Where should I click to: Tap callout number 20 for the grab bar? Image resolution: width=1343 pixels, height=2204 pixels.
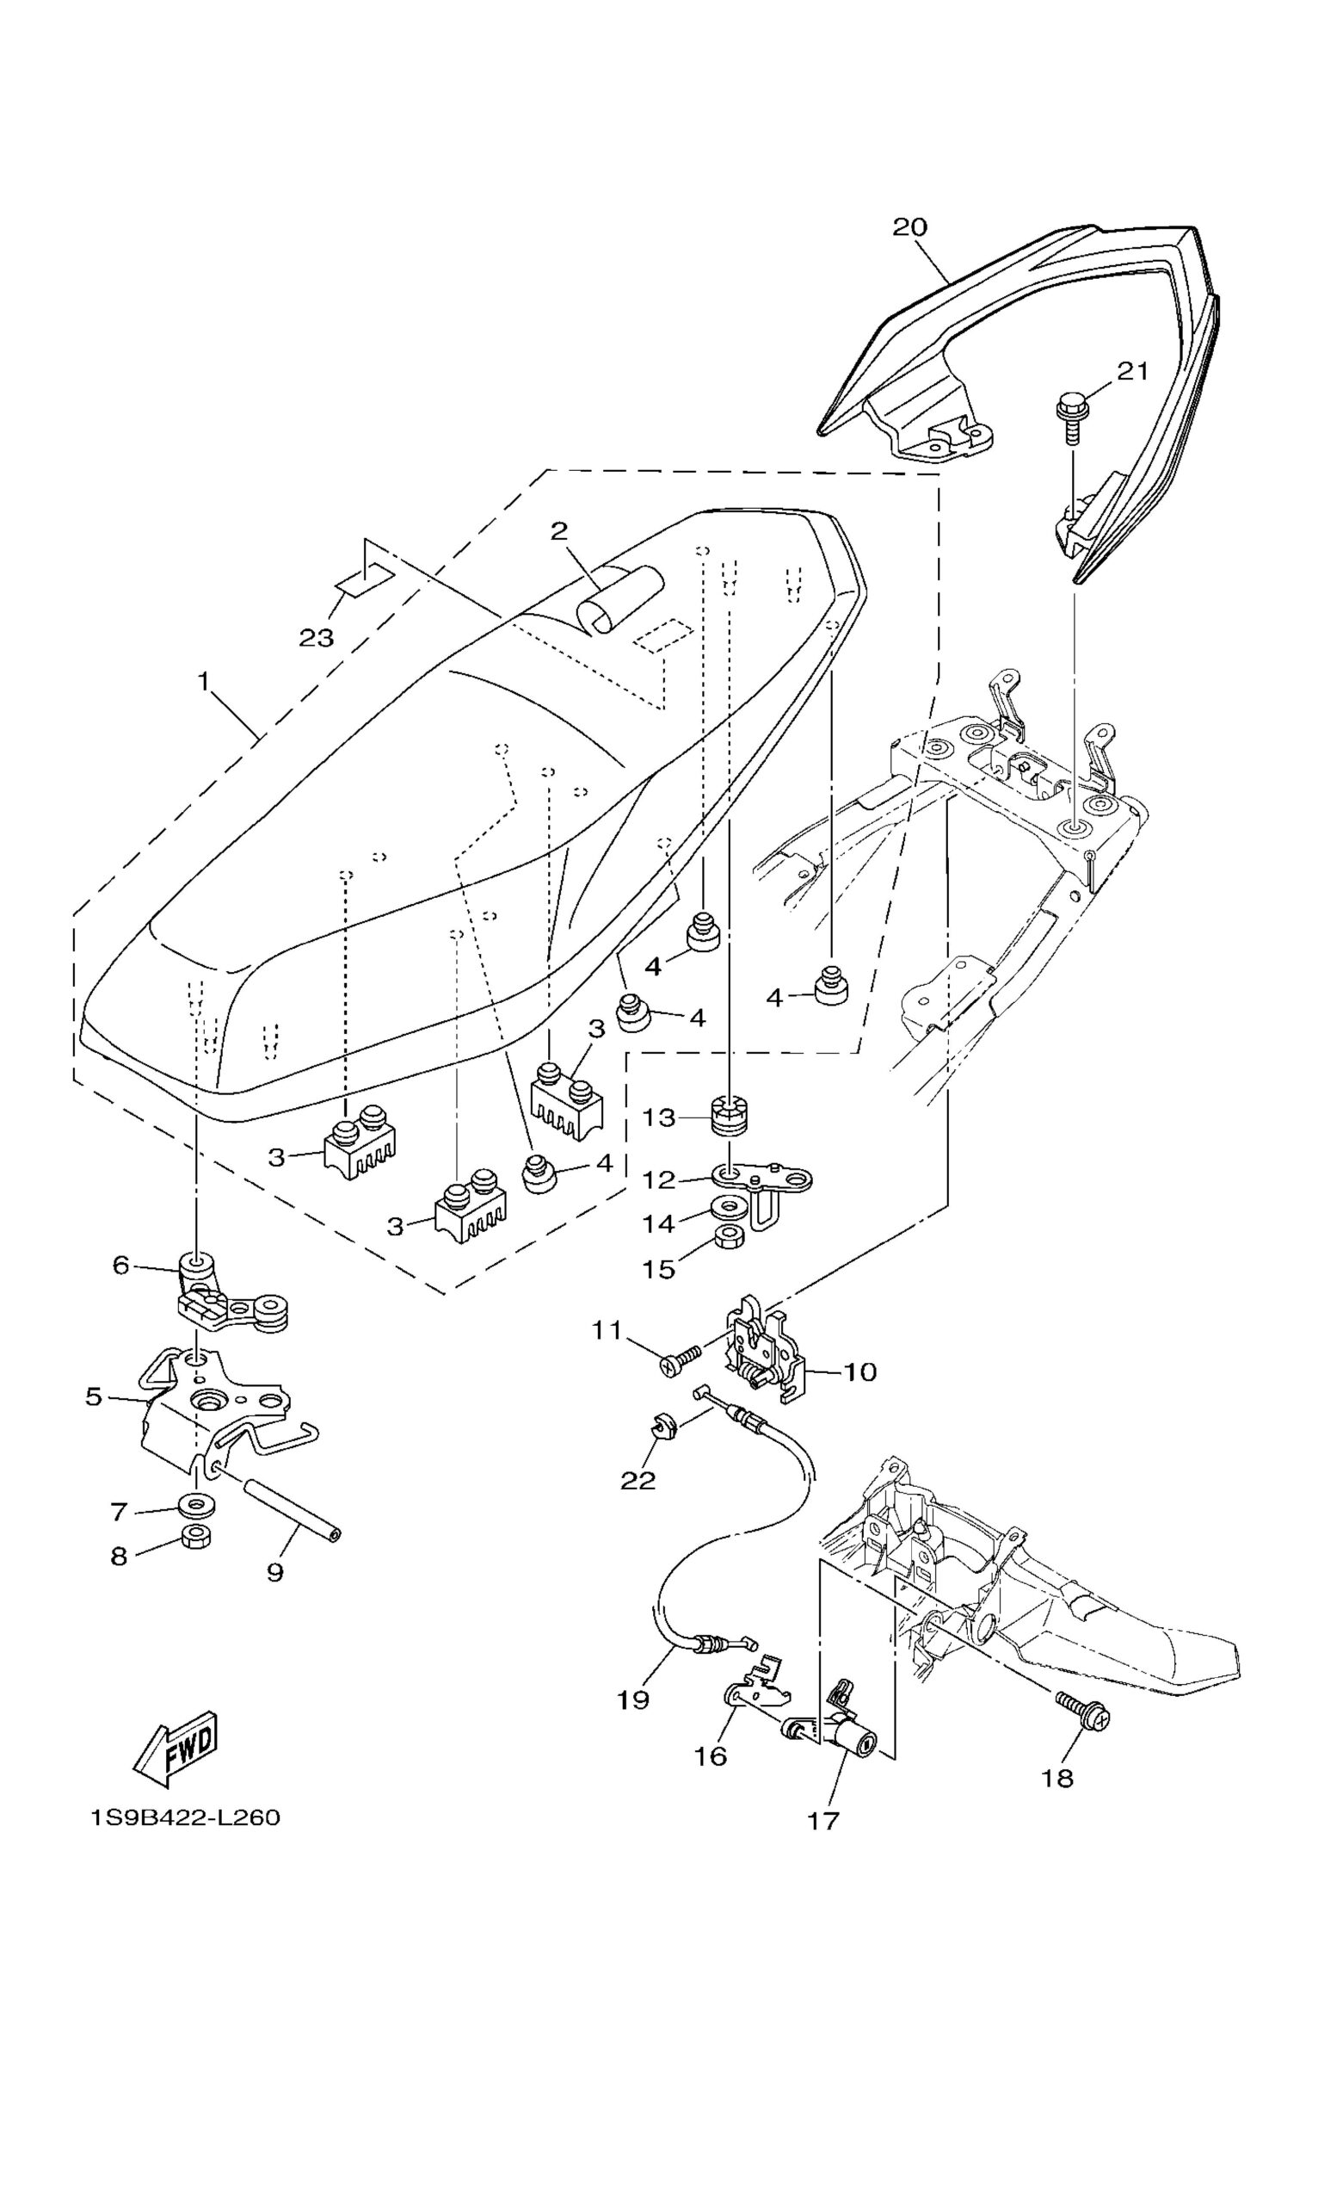pyautogui.click(x=910, y=227)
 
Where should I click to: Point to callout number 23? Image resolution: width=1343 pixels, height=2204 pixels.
pyautogui.click(x=316, y=638)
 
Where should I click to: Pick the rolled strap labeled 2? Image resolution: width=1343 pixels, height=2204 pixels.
pyautogui.click(x=620, y=597)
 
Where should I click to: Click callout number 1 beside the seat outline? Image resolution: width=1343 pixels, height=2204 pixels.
pyautogui.click(x=204, y=682)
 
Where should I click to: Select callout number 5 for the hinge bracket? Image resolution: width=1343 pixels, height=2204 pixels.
pyautogui.click(x=94, y=1396)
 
